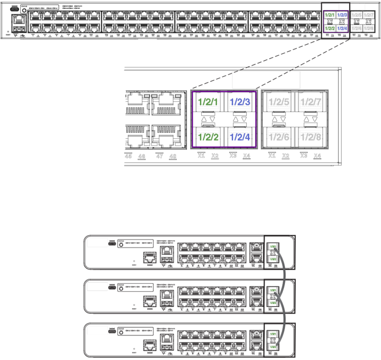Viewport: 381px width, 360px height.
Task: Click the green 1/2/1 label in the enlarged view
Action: click(208, 102)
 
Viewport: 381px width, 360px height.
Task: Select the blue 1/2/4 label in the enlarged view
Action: click(240, 137)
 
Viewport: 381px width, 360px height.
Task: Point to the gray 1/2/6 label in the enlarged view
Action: click(279, 137)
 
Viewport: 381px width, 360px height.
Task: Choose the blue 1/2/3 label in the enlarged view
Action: click(240, 102)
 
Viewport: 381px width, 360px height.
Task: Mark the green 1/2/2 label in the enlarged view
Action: click(208, 137)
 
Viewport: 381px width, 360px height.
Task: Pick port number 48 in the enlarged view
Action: click(173, 156)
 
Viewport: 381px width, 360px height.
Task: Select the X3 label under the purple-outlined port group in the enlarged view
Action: click(233, 155)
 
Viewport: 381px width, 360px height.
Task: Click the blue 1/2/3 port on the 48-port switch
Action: click(342, 15)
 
